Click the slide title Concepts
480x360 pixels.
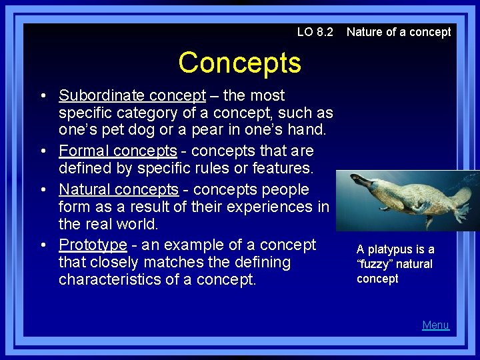click(x=239, y=63)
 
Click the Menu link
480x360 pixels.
click(x=435, y=325)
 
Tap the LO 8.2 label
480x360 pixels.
click(x=315, y=32)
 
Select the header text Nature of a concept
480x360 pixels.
click(x=399, y=32)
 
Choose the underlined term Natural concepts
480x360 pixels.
click(x=119, y=189)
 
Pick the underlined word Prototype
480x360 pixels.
click(x=93, y=245)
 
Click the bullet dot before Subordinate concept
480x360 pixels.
click(x=43, y=97)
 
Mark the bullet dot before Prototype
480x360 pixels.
click(x=43, y=245)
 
